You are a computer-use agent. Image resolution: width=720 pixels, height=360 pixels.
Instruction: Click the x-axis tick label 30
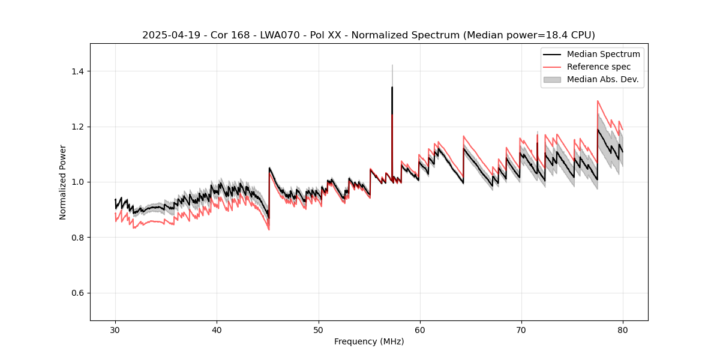click(115, 329)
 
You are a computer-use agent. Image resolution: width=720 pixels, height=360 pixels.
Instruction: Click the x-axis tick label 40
click(217, 329)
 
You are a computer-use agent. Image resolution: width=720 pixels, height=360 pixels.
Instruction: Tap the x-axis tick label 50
click(318, 329)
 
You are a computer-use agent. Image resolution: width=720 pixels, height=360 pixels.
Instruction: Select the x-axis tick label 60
click(419, 329)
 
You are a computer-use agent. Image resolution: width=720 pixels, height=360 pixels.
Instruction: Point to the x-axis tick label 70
click(521, 329)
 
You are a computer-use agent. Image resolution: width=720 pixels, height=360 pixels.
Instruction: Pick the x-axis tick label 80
click(622, 329)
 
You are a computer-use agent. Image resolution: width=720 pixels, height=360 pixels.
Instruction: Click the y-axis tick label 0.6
click(77, 293)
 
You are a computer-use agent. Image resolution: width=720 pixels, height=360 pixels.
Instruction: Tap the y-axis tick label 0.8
click(77, 238)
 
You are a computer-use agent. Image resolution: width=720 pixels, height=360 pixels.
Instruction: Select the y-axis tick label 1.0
click(77, 182)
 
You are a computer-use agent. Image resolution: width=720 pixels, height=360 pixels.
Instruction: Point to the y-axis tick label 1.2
click(77, 127)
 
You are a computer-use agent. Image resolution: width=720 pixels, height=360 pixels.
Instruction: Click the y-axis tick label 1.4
click(77, 71)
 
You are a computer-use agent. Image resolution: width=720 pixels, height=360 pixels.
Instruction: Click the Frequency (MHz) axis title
click(369, 341)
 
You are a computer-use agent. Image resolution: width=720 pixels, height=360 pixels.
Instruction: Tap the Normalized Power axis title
click(63, 182)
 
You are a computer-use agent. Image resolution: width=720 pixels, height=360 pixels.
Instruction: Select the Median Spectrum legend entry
click(603, 54)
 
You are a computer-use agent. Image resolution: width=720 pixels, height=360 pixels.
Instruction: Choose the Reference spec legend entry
click(599, 67)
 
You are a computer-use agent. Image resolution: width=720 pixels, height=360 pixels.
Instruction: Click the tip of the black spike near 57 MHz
click(392, 87)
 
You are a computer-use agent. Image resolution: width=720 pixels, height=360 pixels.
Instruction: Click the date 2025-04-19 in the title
click(167, 35)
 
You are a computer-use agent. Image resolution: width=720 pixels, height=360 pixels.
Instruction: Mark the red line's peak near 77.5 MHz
click(598, 101)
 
